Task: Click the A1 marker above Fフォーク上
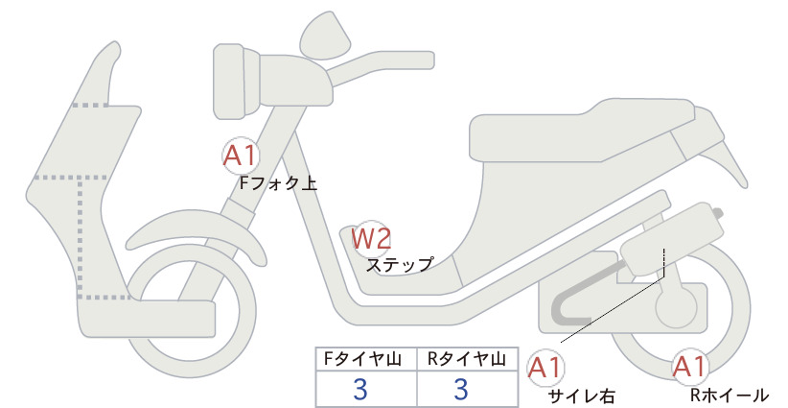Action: click(240, 155)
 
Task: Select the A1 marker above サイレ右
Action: click(546, 366)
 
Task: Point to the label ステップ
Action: click(400, 263)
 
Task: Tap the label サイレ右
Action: click(581, 394)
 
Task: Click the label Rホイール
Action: click(729, 394)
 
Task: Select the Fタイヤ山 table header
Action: click(366, 359)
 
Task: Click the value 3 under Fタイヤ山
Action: click(360, 389)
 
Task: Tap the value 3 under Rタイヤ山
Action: click(461, 389)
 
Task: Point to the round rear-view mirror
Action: click(326, 36)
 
